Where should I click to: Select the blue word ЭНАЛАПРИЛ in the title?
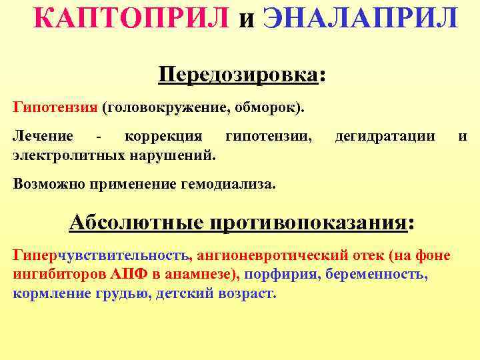(361, 19)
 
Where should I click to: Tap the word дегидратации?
(385, 137)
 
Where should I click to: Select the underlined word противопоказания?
(308, 221)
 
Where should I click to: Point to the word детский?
(182, 293)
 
